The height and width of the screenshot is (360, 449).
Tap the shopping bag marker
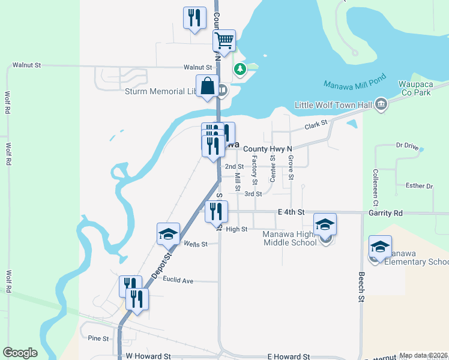[207, 86]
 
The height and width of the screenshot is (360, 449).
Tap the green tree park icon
[240, 70]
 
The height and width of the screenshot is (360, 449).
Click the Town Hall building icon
[381, 104]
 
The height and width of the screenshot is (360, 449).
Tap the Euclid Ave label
[179, 280]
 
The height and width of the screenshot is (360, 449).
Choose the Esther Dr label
[419, 186]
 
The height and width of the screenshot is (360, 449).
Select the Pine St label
[98, 338]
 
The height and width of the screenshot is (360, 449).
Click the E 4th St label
[291, 212]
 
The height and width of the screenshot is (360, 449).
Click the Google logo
[20, 353]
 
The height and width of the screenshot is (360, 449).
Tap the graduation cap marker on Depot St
[168, 235]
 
